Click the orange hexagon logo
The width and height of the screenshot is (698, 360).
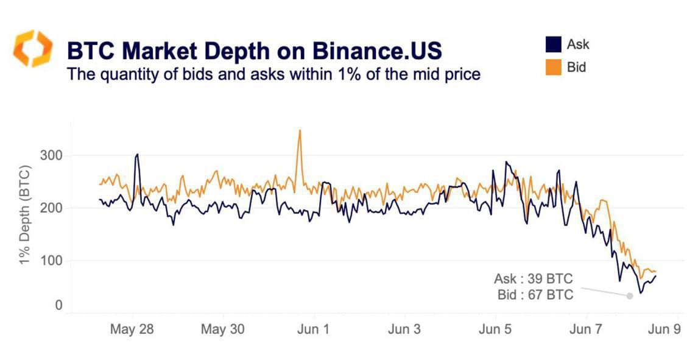click(33, 48)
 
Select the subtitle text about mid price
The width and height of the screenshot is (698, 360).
click(273, 74)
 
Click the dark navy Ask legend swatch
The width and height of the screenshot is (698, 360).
click(552, 44)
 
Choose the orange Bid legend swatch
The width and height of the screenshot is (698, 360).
click(552, 67)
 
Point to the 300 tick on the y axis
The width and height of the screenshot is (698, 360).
click(52, 155)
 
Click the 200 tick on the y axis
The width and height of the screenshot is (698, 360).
click(52, 208)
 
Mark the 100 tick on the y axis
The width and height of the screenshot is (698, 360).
click(52, 261)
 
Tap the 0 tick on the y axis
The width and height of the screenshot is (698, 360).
click(59, 305)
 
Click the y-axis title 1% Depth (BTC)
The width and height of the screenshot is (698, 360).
click(25, 214)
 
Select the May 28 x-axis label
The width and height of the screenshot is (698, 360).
click(132, 330)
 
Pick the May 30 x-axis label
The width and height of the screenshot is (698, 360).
click(222, 330)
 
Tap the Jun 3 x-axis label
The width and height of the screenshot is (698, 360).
click(404, 330)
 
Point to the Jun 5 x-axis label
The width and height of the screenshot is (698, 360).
click(495, 330)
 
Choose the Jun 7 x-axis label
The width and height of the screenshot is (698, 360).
click(585, 330)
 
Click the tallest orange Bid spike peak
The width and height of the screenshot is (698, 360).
click(299, 130)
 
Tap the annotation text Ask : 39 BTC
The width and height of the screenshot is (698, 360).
click(533, 280)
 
